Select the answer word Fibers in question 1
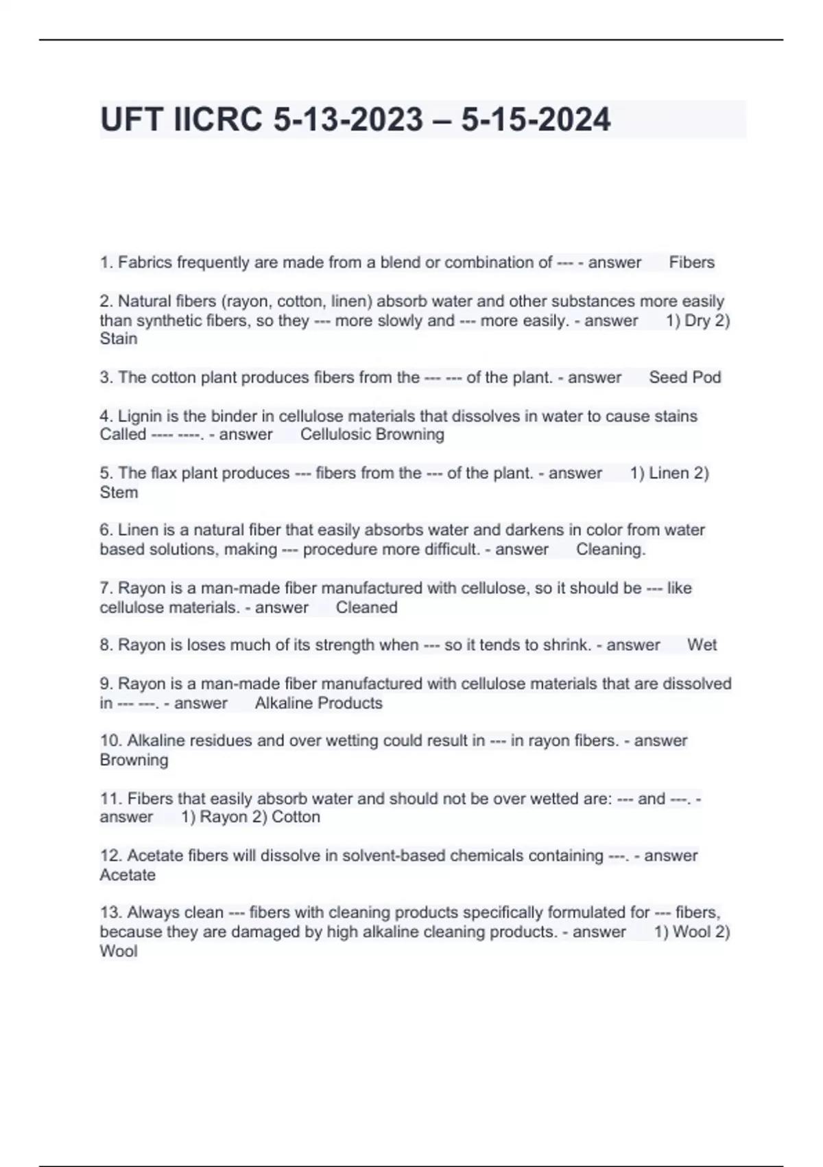tap(691, 262)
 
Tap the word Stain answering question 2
tap(119, 338)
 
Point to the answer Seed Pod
tap(684, 377)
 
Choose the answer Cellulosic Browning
tap(372, 435)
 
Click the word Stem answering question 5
tap(119, 492)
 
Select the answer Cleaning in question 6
tap(610, 549)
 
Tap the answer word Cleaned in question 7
tap(366, 608)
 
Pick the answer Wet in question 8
tap(702, 645)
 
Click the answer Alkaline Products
tap(318, 703)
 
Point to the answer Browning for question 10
tap(134, 760)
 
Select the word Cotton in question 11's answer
tap(296, 817)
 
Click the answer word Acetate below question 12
tap(128, 875)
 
